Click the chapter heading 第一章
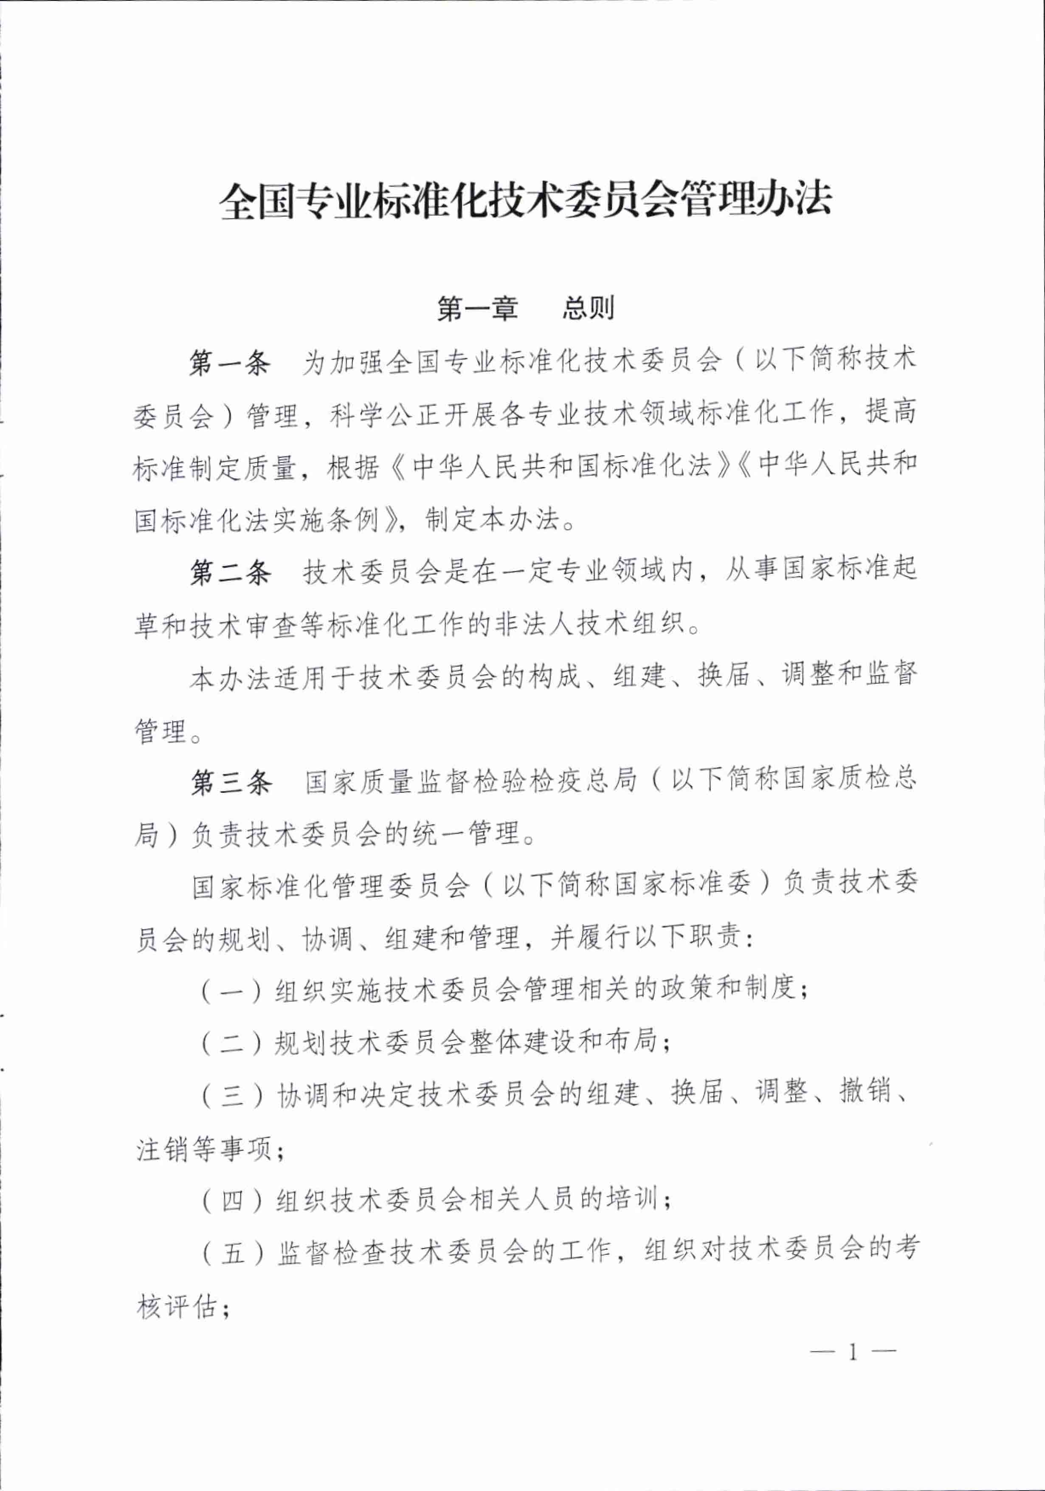[x=477, y=308]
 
